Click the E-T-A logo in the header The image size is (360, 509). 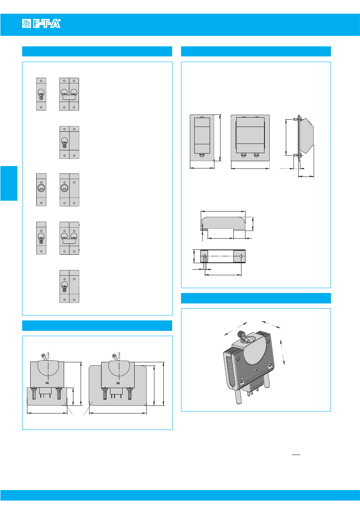pos(42,23)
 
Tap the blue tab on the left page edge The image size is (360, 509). pos(9,183)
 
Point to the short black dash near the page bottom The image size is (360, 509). pos(296,455)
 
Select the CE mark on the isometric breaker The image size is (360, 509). pos(256,371)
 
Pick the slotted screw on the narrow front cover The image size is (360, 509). pos(202,155)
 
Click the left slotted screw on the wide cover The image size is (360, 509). pos(243,155)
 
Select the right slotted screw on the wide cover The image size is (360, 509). pos(256,155)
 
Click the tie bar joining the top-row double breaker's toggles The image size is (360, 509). pos(69,97)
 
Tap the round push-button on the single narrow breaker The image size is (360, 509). pos(41,188)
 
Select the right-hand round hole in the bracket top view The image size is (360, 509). pos(241,256)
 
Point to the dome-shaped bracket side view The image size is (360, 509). pos(223,224)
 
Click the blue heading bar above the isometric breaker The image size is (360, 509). pos(256,298)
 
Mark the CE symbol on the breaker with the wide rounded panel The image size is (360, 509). pos(118,383)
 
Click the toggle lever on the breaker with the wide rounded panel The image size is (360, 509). pos(115,357)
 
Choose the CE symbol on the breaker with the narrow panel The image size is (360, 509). pos(47,383)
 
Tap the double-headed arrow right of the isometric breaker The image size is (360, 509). pos(283,352)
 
